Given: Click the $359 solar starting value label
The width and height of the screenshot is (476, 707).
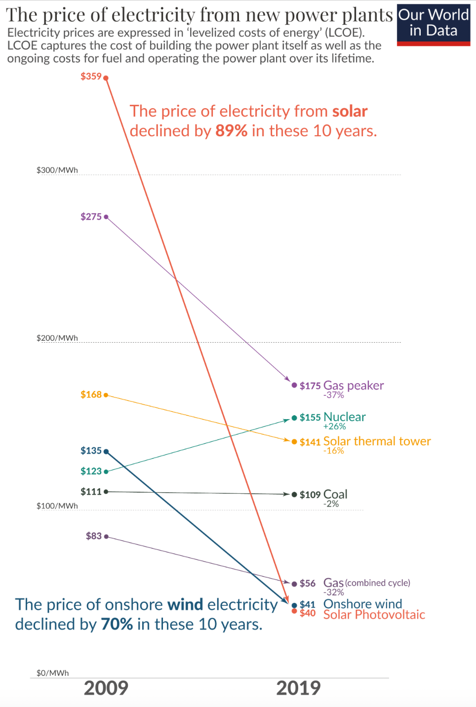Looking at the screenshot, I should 91,77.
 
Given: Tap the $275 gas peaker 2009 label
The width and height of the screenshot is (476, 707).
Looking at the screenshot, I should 91,217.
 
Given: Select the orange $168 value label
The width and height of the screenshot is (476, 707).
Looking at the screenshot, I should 91,394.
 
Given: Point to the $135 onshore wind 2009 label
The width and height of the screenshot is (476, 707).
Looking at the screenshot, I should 91,451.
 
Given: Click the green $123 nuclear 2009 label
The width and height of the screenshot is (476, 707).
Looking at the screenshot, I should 91,471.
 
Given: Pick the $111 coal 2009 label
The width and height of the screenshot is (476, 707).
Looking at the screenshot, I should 91,492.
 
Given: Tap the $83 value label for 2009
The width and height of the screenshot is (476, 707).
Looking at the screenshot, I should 93,536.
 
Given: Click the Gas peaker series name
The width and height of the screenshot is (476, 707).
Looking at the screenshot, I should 353,386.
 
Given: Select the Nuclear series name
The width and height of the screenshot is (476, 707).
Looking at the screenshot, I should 344,417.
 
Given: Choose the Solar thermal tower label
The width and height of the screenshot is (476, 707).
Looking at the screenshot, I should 377,441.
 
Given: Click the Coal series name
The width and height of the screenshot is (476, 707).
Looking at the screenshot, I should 335,494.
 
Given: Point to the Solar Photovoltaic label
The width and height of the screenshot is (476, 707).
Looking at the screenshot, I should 374,615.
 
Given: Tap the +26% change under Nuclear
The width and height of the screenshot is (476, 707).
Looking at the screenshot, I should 334,427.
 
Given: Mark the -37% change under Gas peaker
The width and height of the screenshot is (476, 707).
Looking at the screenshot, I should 333,395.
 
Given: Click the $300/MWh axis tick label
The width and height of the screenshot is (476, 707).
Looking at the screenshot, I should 57,170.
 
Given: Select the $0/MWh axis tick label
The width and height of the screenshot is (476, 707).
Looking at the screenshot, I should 53,673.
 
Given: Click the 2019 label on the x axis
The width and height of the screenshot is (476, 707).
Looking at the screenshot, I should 298,688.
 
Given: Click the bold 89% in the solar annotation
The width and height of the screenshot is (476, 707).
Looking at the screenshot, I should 231,131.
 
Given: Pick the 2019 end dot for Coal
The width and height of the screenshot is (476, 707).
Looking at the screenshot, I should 294,494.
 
